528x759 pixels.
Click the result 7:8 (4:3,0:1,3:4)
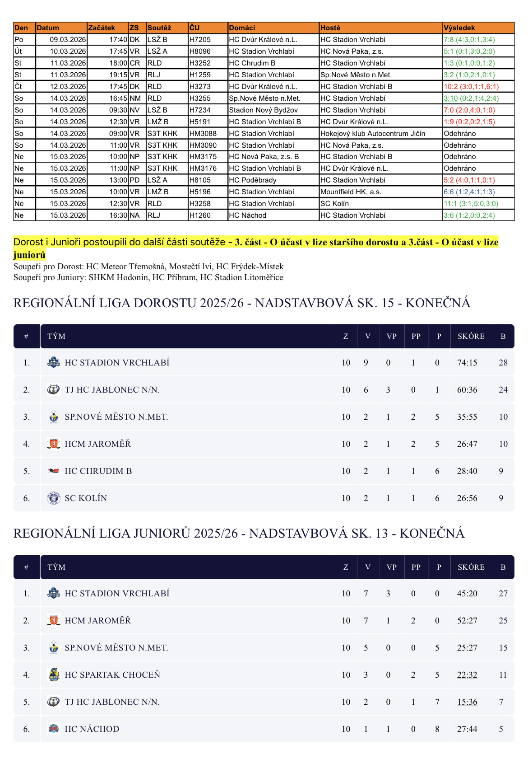pyautogui.click(x=469, y=40)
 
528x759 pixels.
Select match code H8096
pyautogui.click(x=200, y=52)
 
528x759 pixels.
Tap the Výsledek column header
pyautogui.click(x=459, y=28)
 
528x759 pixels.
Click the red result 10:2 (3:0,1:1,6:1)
pyautogui.click(x=471, y=87)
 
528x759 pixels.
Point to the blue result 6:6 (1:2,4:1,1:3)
pyautogui.click(x=469, y=192)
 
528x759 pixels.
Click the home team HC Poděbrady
pyautogui.click(x=253, y=180)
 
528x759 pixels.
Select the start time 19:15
pyautogui.click(x=118, y=75)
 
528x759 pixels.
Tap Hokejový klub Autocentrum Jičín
pyautogui.click(x=373, y=134)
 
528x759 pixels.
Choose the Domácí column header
pyautogui.click(x=242, y=28)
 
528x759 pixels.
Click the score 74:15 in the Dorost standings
pyautogui.click(x=467, y=363)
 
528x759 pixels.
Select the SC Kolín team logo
pyautogui.click(x=54, y=498)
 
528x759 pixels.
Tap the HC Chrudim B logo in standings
pyautogui.click(x=54, y=471)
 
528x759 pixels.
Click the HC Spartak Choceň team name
pyautogui.click(x=112, y=675)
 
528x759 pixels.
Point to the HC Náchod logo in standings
pyautogui.click(x=54, y=729)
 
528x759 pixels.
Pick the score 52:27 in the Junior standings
pyautogui.click(x=467, y=621)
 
